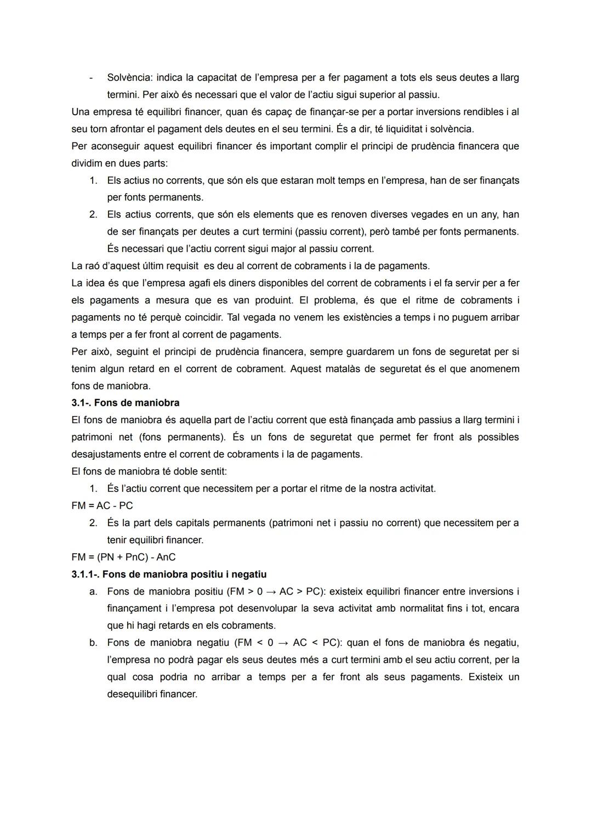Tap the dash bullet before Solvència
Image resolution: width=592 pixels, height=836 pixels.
(92, 78)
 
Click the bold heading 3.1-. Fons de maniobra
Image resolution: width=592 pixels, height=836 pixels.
(126, 403)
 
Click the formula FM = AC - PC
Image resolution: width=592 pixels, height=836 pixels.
(102, 505)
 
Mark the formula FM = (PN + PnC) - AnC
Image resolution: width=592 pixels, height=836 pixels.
(123, 557)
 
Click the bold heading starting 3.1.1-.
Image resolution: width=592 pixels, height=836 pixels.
(169, 575)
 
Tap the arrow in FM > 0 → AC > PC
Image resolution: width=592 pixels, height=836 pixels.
(270, 592)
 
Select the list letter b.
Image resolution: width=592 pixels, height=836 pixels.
(93, 642)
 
